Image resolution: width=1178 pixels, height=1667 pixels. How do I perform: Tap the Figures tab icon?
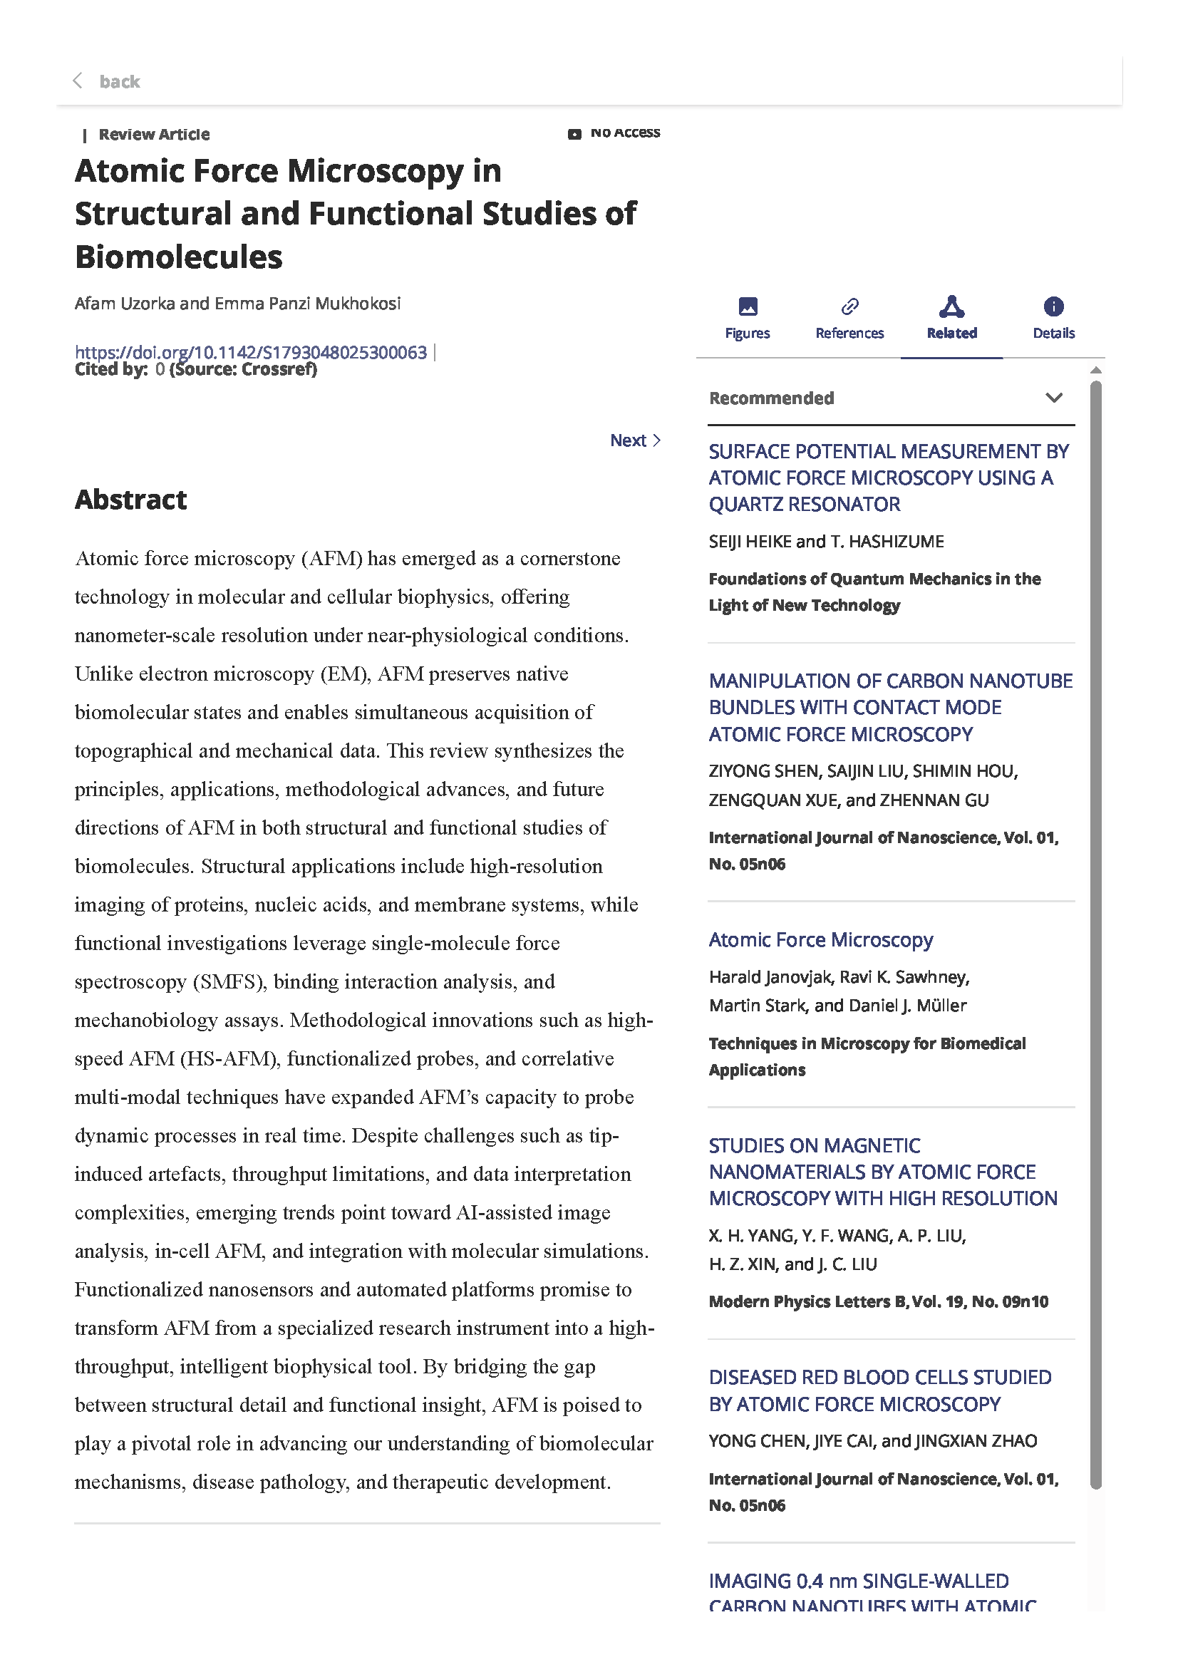(x=748, y=307)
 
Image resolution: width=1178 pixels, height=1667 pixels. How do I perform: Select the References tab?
(x=849, y=319)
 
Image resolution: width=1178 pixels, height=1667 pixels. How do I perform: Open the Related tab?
(x=951, y=319)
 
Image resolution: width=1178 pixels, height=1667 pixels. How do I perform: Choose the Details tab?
(x=1053, y=319)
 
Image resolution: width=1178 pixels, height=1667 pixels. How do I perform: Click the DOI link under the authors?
(x=250, y=353)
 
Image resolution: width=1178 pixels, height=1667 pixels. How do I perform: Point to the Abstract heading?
(x=130, y=500)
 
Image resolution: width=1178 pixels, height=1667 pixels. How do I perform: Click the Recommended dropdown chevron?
(x=1053, y=398)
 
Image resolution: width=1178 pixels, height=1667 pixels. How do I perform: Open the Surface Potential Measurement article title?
(x=888, y=478)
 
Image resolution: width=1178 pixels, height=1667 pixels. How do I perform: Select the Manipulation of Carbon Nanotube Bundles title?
(x=890, y=707)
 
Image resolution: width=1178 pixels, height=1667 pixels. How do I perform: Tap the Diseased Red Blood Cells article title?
(x=879, y=1390)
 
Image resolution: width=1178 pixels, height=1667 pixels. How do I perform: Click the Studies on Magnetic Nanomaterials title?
(x=882, y=1172)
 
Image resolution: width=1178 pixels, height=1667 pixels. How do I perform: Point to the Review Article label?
(x=154, y=134)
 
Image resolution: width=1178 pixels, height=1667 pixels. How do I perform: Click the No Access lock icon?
(x=574, y=134)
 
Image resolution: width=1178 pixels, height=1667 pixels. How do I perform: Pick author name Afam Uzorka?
(x=124, y=304)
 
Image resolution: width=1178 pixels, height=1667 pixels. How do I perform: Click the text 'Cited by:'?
(x=111, y=370)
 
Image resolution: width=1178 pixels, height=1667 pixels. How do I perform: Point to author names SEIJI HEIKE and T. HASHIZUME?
(x=826, y=542)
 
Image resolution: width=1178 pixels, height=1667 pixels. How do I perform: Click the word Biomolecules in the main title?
(x=179, y=257)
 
